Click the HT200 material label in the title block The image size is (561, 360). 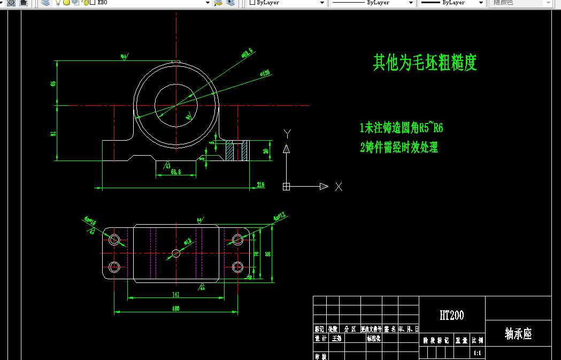[452, 316]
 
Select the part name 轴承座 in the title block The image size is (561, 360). [518, 334]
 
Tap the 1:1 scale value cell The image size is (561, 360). [478, 354]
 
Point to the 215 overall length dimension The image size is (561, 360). [260, 185]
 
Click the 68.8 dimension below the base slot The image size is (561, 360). [175, 172]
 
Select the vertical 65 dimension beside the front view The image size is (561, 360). [53, 83]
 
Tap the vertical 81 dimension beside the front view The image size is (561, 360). [53, 133]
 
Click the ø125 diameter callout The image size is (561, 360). [264, 73]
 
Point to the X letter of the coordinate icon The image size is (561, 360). [338, 186]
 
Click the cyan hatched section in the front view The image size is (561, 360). [237, 150]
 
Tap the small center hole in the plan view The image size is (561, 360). [176, 253]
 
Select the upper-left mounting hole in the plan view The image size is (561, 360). [114, 240]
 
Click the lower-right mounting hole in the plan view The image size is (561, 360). [238, 266]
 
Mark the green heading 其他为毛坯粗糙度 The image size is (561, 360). [425, 63]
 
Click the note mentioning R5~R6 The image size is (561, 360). [402, 128]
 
